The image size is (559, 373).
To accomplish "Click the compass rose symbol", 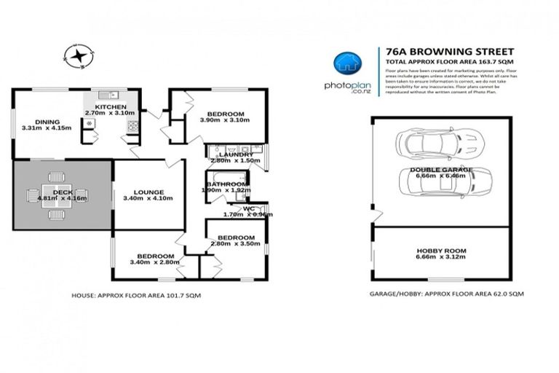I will coord(79,55).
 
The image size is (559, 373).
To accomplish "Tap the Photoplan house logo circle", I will coord(346,63).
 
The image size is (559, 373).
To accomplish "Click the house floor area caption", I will coord(136,296).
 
